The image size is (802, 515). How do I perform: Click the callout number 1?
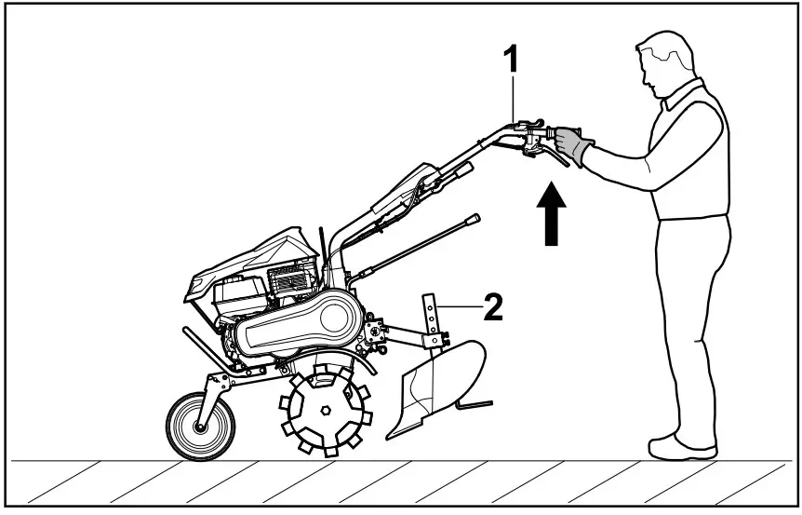click(510, 59)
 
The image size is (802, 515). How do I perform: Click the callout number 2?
click(494, 307)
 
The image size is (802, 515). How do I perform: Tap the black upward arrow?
click(552, 215)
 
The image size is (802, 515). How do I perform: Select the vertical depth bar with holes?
click(431, 317)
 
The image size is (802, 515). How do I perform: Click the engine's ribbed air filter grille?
click(289, 278)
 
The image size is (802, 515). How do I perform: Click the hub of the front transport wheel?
click(199, 427)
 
